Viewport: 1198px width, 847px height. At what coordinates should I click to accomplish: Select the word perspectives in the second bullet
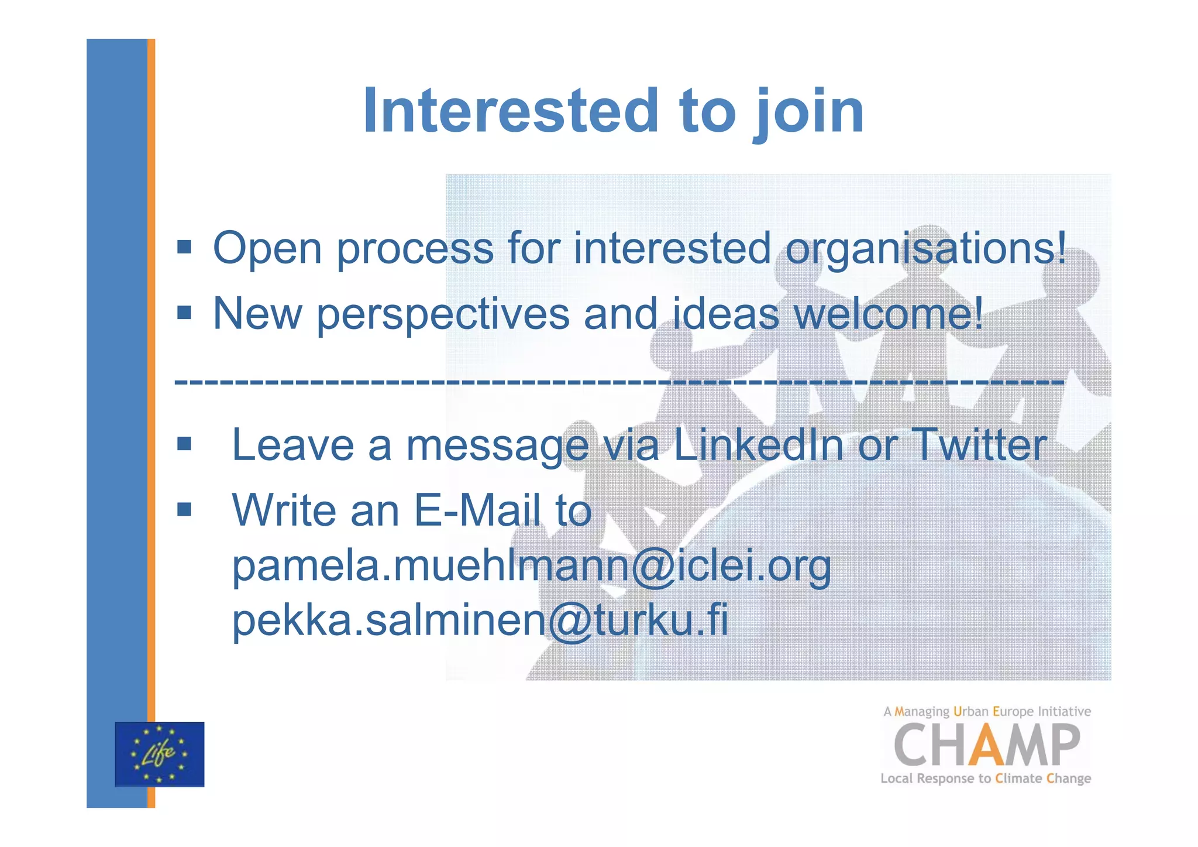(443, 315)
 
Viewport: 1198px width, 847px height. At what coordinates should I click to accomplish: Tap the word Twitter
(979, 445)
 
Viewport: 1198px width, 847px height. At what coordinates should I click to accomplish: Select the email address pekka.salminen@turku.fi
(480, 620)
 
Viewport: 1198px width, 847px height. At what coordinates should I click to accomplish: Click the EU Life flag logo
(160, 754)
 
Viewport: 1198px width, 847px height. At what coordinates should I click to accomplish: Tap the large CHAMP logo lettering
(986, 745)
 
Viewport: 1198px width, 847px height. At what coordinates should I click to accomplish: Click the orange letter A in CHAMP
(986, 745)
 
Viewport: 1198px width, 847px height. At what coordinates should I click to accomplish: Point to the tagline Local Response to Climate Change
(986, 779)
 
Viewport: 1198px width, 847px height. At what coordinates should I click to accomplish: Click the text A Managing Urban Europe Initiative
(987, 712)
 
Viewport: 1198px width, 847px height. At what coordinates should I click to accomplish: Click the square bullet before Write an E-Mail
(184, 509)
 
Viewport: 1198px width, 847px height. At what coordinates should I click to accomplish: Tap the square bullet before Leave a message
(184, 444)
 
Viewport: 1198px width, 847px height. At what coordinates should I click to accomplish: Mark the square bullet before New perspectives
(184, 313)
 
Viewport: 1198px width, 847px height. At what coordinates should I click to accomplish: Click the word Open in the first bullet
(267, 249)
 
